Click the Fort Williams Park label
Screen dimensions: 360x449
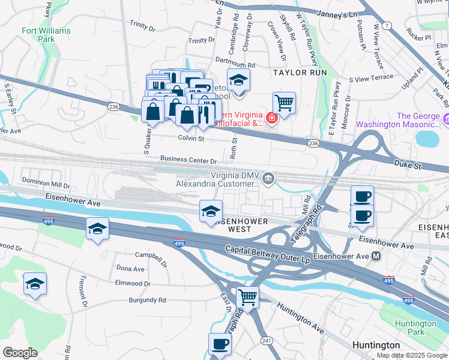[x=46, y=35]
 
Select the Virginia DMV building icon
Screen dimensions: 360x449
[x=268, y=178]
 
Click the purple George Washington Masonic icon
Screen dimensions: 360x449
[x=445, y=120]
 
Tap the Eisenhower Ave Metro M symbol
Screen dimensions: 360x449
[x=376, y=256]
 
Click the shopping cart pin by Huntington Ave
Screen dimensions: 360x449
[x=247, y=297]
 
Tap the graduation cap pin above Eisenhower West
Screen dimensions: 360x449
[x=211, y=211]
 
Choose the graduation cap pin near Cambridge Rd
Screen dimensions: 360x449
[x=238, y=80]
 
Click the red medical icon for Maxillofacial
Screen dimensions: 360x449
[x=271, y=119]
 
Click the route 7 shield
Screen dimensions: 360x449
[x=388, y=25]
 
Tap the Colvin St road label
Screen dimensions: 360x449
[x=191, y=138]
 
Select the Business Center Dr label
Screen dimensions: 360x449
[x=188, y=160]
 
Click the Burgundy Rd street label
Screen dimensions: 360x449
[x=147, y=299]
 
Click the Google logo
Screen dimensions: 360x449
[x=19, y=353]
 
